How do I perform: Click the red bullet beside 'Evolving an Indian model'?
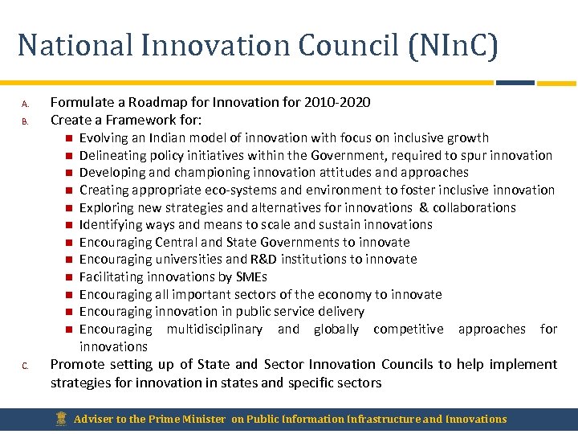coord(70,138)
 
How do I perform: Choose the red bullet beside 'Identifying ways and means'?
coord(70,225)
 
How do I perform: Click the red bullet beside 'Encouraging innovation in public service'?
coord(70,312)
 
